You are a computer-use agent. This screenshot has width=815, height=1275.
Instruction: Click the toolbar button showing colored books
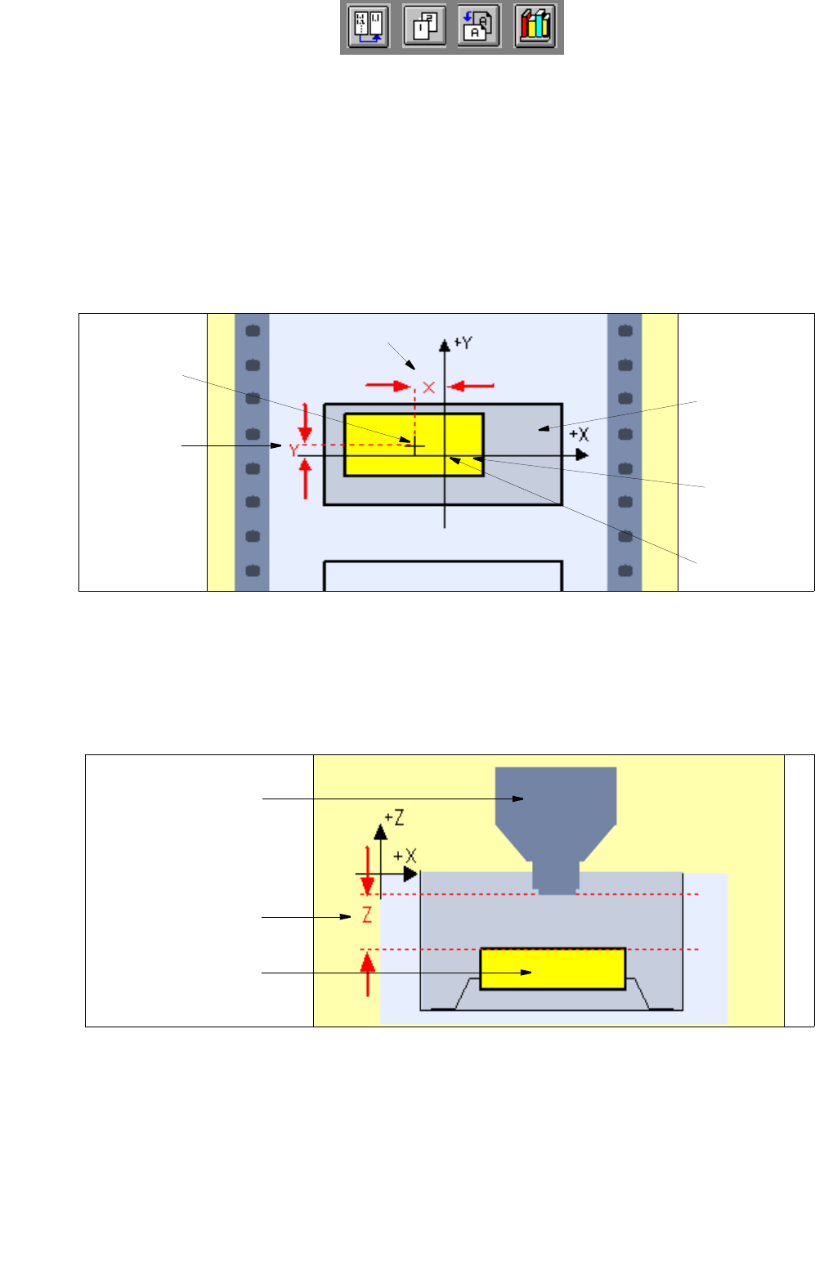tap(535, 27)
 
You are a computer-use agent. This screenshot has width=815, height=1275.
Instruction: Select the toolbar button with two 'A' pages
tap(479, 27)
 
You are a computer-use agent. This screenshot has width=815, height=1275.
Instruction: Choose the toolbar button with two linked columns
tap(368, 27)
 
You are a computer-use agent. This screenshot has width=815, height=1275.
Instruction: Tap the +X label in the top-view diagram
tap(579, 434)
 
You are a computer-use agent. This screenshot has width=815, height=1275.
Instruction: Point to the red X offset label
tap(428, 387)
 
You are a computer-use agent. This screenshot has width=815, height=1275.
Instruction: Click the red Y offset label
tap(293, 450)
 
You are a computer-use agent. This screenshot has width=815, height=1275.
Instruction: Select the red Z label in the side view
tap(367, 915)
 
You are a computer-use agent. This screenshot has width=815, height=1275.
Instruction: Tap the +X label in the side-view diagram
tap(405, 856)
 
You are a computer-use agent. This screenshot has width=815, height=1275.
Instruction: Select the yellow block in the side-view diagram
tap(553, 969)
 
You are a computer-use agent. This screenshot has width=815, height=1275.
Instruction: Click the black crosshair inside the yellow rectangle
tap(415, 445)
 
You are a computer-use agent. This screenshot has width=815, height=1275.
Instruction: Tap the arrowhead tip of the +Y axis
tap(445, 344)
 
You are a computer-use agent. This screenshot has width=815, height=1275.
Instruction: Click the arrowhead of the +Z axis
tap(380, 831)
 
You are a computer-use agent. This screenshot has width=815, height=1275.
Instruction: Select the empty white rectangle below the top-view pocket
tap(443, 575)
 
